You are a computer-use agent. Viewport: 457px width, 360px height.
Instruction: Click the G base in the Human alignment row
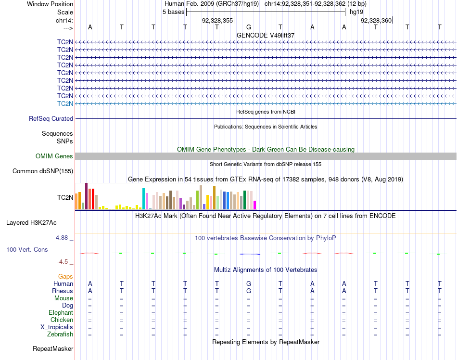click(x=249, y=284)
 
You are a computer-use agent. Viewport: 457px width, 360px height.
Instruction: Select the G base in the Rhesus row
click(x=249, y=291)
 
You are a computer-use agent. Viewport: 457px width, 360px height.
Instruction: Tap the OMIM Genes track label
click(x=54, y=156)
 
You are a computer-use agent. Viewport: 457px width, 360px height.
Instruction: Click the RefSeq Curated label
click(x=51, y=118)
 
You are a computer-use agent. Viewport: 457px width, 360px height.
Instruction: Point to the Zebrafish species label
click(x=60, y=334)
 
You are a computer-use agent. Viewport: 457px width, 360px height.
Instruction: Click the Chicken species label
click(x=62, y=320)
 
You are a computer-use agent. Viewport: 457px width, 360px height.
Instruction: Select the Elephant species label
click(x=61, y=313)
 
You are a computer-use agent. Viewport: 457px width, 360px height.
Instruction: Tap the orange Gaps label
click(x=65, y=277)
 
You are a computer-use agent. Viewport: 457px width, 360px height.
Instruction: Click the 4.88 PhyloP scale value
click(x=63, y=238)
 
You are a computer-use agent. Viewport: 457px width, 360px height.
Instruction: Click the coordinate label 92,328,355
click(x=217, y=20)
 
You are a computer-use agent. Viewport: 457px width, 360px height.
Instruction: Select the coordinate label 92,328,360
click(x=376, y=20)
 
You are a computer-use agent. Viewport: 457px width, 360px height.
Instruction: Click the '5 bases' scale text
click(x=173, y=12)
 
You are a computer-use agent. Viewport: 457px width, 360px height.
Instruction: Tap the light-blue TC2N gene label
click(x=65, y=103)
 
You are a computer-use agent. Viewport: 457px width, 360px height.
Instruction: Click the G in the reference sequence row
click(x=249, y=27)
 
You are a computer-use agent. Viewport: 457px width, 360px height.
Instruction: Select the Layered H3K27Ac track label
click(x=31, y=223)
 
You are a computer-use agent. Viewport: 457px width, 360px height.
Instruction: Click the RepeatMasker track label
click(x=53, y=348)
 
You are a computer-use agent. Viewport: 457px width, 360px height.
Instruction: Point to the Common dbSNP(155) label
click(x=43, y=171)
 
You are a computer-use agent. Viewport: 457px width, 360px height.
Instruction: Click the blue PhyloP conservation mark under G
click(x=250, y=254)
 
